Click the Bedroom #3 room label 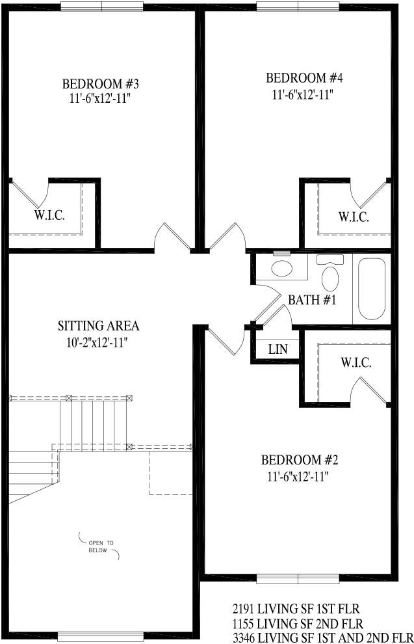coord(100,85)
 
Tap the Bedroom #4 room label coord(304,79)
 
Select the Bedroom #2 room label coord(300,461)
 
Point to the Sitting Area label coord(98,326)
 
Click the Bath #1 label coord(311,301)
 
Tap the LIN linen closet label coord(278,349)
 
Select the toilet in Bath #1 coord(330,276)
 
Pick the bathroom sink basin coord(281,269)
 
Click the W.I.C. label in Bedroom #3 coord(49,215)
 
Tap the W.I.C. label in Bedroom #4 coord(353,217)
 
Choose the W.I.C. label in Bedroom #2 coord(356,363)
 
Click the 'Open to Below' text coord(101,546)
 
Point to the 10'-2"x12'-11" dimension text coord(98,342)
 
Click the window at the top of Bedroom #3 coord(102,5)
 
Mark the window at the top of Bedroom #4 coord(298,6)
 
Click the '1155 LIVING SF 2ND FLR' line coord(306,623)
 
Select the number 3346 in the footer coord(245,636)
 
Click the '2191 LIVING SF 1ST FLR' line coord(305,609)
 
